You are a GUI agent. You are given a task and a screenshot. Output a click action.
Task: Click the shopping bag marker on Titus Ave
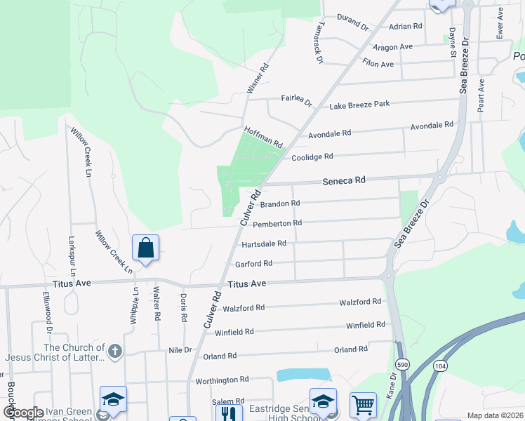click(x=145, y=248)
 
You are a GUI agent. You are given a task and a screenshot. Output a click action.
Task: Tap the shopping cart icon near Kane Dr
click(x=363, y=403)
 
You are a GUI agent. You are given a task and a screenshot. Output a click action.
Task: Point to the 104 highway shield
click(x=440, y=366)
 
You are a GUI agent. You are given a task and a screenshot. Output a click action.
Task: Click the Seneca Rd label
click(x=344, y=180)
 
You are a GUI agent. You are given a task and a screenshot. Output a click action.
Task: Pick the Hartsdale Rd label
click(x=264, y=243)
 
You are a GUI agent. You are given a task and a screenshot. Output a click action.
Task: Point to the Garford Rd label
click(x=253, y=264)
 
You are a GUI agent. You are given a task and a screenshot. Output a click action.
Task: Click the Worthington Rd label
click(x=222, y=380)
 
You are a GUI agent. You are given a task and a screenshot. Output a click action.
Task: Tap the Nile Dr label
click(x=180, y=349)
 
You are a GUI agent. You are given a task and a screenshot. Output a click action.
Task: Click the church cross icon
click(x=115, y=349)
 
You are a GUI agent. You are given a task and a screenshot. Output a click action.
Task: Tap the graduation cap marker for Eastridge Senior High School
click(x=323, y=401)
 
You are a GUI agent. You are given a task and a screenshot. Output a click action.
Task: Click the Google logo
click(x=23, y=413)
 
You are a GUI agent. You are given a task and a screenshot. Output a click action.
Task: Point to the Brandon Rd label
click(x=280, y=203)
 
